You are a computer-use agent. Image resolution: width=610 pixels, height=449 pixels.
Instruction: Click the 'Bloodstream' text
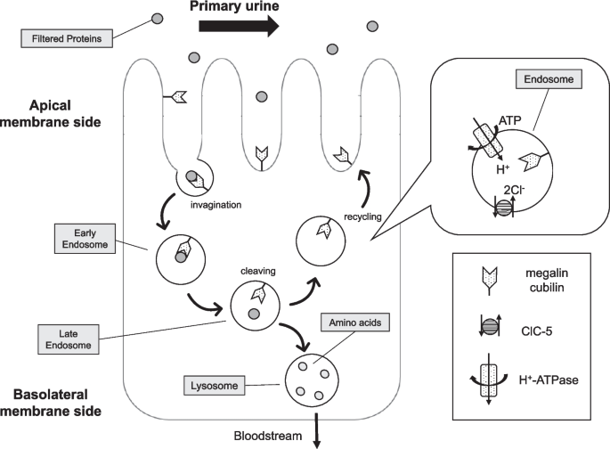[x=271, y=437]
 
